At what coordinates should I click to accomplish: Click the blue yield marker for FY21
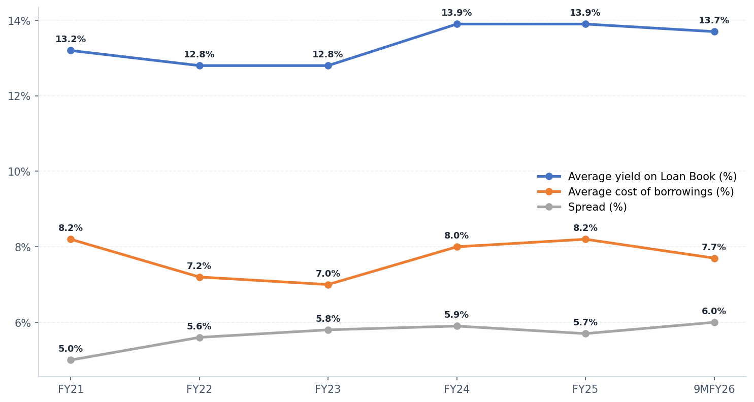coord(71,50)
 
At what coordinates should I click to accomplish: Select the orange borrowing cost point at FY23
coord(328,285)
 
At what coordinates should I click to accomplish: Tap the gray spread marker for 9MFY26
coord(714,322)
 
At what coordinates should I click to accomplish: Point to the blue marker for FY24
coord(457,24)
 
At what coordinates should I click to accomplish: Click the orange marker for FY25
coord(585,239)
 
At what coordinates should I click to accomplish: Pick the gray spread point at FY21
coord(71,360)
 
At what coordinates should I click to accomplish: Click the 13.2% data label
coord(71,40)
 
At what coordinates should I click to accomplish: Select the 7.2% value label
coord(199,266)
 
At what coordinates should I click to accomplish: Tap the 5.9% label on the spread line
coord(456,315)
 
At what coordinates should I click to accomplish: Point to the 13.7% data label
coord(714,21)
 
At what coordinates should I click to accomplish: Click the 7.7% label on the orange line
coord(714,248)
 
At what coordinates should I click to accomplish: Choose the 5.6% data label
coord(199,327)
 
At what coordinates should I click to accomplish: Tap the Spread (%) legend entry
coord(597,207)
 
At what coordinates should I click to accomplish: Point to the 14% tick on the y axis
coord(19,21)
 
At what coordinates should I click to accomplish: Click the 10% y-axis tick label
coord(19,172)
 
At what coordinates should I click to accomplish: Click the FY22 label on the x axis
coord(199,389)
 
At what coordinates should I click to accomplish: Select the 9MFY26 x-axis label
coord(714,389)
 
